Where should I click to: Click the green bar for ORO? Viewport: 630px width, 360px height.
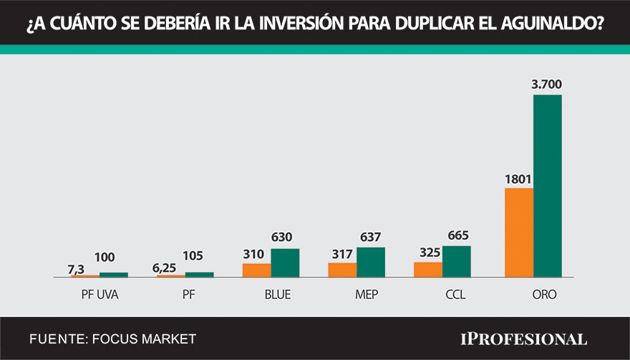pyautogui.click(x=548, y=186)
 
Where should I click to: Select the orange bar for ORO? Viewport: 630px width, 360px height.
pyautogui.click(x=519, y=233)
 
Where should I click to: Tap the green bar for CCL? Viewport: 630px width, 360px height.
pyautogui.click(x=457, y=261)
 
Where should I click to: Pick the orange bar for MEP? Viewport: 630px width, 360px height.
pyautogui.click(x=342, y=270)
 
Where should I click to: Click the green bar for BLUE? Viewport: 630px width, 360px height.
pyautogui.click(x=285, y=263)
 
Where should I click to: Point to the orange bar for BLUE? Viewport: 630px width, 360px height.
pyautogui.click(x=256, y=270)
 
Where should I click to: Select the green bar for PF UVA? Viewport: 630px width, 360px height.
pyautogui.click(x=114, y=274)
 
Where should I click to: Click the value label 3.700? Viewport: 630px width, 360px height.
pyautogui.click(x=547, y=85)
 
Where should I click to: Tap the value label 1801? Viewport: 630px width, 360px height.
pyautogui.click(x=518, y=179)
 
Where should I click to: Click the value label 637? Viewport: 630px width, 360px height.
pyautogui.click(x=370, y=238)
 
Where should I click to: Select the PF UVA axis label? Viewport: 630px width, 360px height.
pyautogui.click(x=100, y=294)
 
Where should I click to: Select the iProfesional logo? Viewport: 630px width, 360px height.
pyautogui.click(x=523, y=339)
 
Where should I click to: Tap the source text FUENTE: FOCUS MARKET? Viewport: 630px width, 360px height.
pyautogui.click(x=112, y=339)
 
